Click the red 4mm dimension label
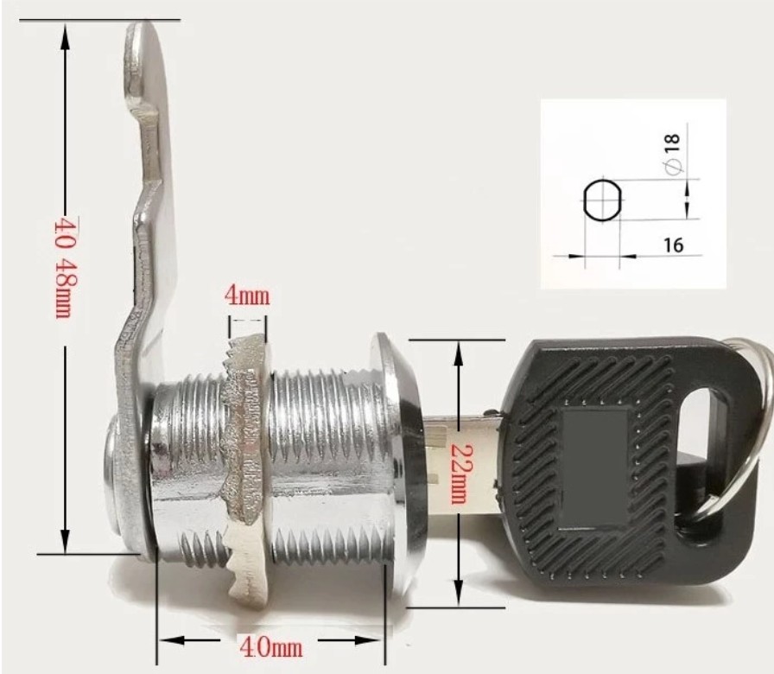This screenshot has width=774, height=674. tap(247, 296)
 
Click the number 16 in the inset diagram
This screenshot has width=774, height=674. tap(674, 245)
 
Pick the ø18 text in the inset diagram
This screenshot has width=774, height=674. tap(674, 155)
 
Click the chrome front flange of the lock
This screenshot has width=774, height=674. tap(393, 467)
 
